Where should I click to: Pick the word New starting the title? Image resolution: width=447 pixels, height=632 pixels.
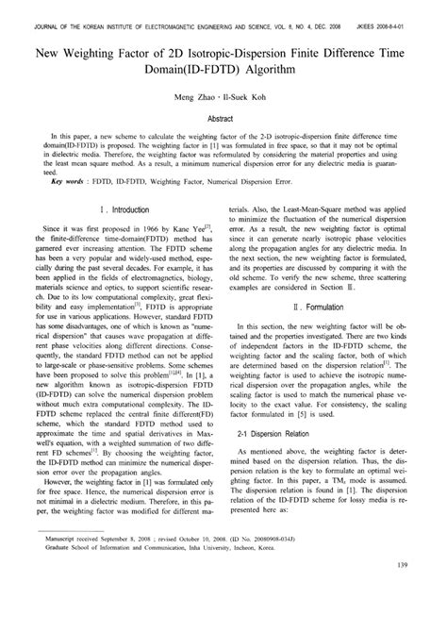pyautogui.click(x=52, y=42)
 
